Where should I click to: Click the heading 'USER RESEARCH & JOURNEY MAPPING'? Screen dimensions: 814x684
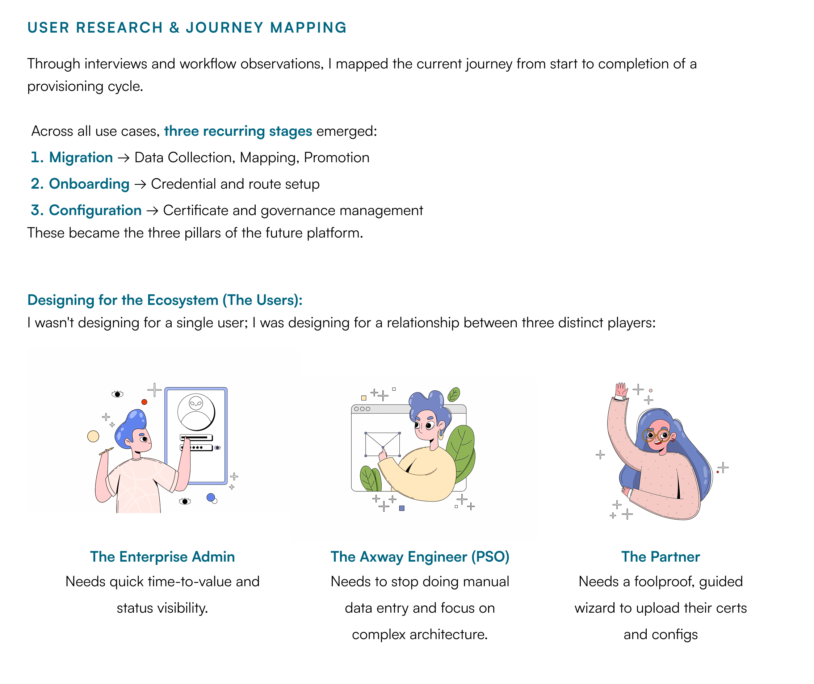tap(187, 28)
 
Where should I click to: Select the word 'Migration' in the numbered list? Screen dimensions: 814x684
tap(81, 158)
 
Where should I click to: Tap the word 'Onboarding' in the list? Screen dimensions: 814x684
tap(89, 184)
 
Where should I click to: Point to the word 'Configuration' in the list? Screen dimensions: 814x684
tap(95, 210)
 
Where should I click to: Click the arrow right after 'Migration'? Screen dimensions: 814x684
tap(123, 158)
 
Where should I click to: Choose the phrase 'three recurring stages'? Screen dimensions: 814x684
tap(238, 131)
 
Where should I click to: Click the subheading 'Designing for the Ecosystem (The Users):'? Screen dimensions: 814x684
tap(165, 300)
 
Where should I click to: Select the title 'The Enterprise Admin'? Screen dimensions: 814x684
tap(162, 557)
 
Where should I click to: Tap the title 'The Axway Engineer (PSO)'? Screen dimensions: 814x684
tap(420, 557)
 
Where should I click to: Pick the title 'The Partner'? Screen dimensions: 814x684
tap(660, 557)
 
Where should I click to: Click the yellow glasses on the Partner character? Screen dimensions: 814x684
tap(656, 435)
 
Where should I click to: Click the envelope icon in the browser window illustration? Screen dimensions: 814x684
tap(382, 444)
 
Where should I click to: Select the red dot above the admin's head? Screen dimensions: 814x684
tap(144, 402)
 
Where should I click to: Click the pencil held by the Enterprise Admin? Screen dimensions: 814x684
tap(106, 451)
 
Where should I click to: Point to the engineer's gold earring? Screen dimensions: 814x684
tap(441, 434)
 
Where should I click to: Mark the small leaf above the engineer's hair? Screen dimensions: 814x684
tap(453, 394)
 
